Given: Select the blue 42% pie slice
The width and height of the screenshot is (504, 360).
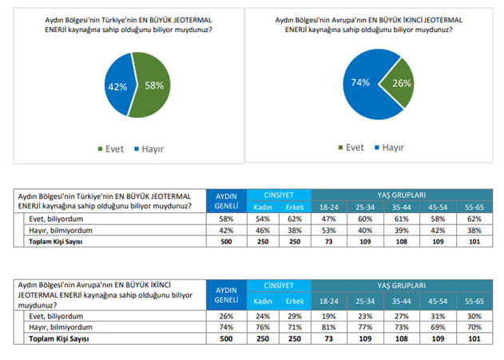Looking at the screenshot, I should [118, 86].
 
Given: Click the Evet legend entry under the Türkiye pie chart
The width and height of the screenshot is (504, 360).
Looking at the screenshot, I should [112, 148].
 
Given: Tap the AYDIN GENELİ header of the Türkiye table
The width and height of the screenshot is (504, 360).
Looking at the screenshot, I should [225, 200].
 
